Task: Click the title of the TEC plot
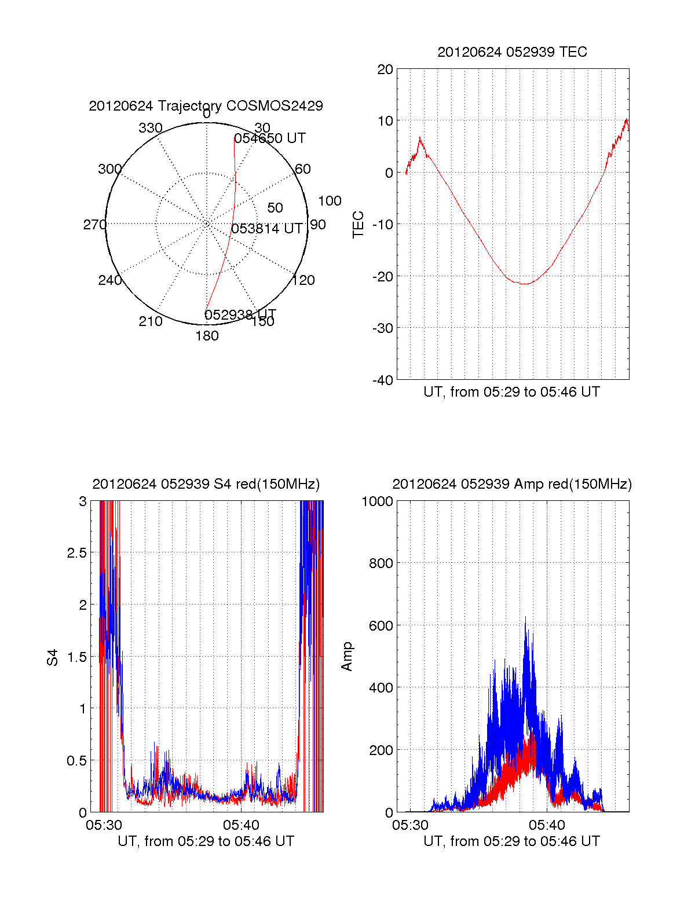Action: pos(512,52)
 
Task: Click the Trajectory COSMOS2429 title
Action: pos(206,106)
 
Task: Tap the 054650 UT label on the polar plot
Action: pos(270,138)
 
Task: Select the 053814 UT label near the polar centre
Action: pos(267,229)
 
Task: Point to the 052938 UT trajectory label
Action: pos(240,314)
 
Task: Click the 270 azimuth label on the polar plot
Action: pos(95,225)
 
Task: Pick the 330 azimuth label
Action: pos(150,128)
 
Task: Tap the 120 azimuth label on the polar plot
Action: pos(303,280)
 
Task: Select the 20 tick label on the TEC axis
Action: pos(385,69)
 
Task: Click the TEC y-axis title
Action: pos(359,225)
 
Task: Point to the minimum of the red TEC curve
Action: pos(524,284)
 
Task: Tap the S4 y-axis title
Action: pos(53,657)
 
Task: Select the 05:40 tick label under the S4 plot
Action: pos(242,825)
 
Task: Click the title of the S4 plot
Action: pos(206,484)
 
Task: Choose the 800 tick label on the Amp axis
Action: pos(381,563)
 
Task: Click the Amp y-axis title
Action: pos(347,657)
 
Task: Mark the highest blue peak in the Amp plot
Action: pos(526,617)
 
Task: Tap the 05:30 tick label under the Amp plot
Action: pos(410,825)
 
